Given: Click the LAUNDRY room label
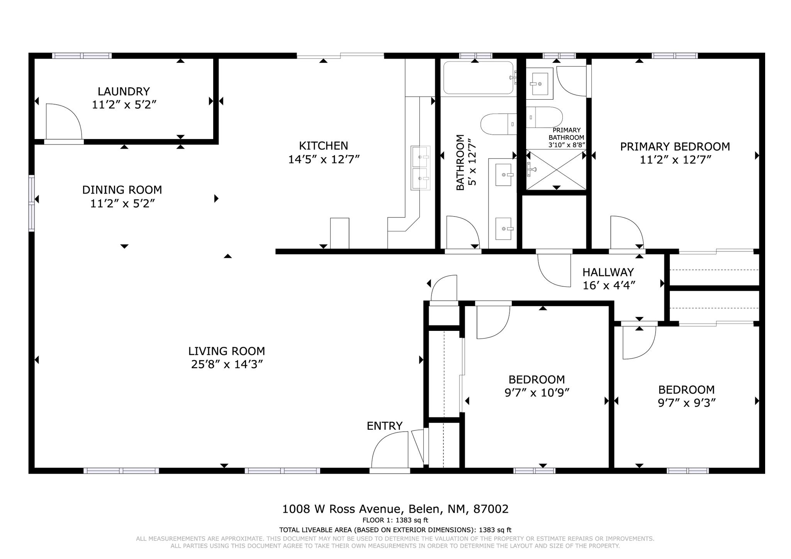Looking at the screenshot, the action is coord(124,91).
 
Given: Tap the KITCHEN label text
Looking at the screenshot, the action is coord(324,146).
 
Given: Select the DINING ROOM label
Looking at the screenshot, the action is coord(122,190).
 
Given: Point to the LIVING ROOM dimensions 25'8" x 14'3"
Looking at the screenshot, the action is coord(227,364).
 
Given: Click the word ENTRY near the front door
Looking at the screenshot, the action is coord(385,426).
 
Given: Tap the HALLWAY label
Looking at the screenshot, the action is coord(608,273).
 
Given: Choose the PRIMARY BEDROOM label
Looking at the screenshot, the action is coord(675,147).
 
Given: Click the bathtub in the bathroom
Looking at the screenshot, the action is coord(479,78).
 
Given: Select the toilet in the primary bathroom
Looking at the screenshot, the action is coord(544,117).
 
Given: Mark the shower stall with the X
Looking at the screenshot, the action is coord(556,170).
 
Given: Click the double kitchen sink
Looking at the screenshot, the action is coord(420,168).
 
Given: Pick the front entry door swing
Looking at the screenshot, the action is coord(389,450).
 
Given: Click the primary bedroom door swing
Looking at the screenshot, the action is coord(626,232).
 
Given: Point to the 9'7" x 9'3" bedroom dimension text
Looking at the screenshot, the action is coord(687,403).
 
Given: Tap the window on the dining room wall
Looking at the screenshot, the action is coord(32,203).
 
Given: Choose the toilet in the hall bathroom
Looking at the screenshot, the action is coord(499,124).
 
